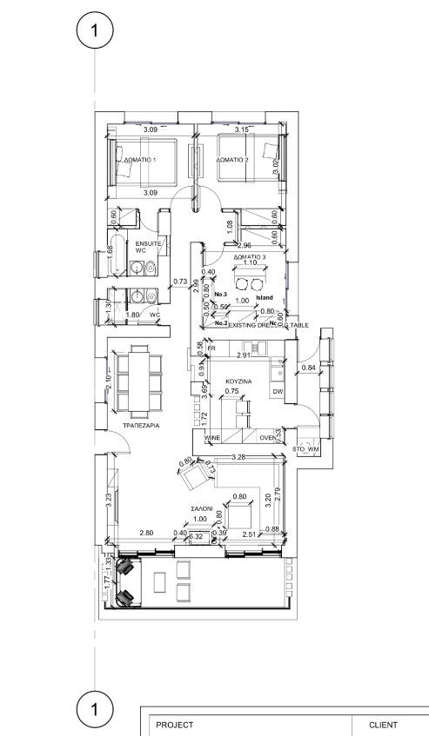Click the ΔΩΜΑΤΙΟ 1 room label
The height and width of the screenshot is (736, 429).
coord(141,161)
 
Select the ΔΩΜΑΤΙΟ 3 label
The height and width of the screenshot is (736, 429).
coord(251,259)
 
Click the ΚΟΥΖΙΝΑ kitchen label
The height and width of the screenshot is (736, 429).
coord(238,381)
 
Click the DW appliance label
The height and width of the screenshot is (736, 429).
coord(278,392)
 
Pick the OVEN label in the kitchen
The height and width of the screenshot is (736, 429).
coord(267,438)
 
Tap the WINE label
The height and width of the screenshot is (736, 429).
coord(212,438)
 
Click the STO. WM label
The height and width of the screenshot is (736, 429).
coord(309,448)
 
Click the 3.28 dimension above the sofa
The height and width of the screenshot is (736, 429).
coord(240,456)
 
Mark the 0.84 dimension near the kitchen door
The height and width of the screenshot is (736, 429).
coord(307,368)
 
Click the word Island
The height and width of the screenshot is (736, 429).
coord(265,297)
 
